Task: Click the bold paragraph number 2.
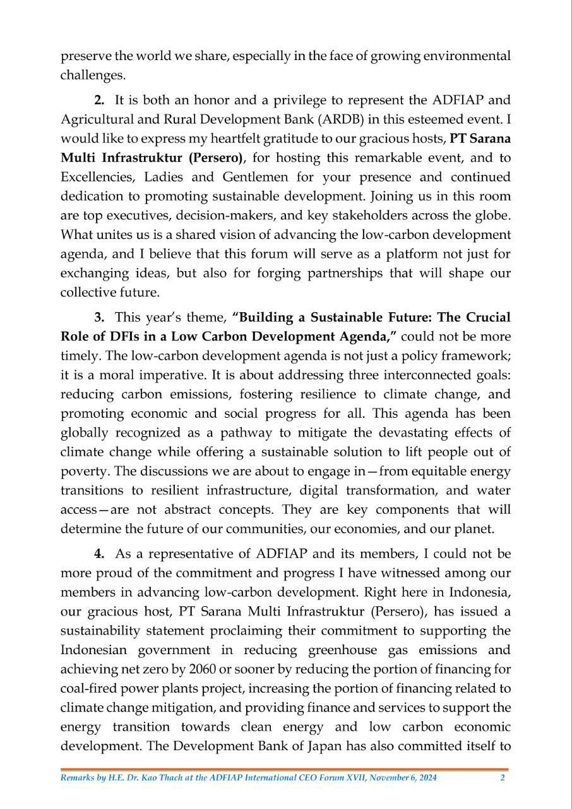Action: coord(99,100)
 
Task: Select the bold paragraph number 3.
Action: coord(99,317)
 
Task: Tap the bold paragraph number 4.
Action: coord(99,554)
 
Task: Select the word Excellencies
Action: coord(98,178)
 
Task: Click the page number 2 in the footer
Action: coord(502,778)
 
